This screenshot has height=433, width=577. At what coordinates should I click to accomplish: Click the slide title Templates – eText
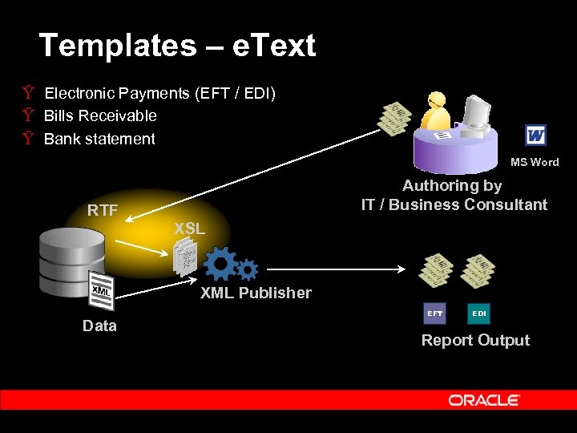[x=177, y=46]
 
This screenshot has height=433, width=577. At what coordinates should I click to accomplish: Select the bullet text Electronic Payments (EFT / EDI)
[x=159, y=94]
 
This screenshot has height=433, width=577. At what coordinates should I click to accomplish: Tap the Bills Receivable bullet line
[x=100, y=116]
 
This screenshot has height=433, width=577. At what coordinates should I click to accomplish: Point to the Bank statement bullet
[x=99, y=140]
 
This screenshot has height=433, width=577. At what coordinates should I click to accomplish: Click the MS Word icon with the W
[x=535, y=136]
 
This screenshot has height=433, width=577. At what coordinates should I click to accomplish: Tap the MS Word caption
[x=535, y=162]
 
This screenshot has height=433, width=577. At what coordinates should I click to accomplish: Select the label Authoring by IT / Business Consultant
[x=454, y=195]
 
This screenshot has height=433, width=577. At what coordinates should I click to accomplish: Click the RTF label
[x=103, y=212]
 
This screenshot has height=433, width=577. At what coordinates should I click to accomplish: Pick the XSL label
[x=189, y=229]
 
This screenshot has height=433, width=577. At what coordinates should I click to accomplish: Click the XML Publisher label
[x=256, y=293]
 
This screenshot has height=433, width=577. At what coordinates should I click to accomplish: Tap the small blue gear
[x=248, y=269]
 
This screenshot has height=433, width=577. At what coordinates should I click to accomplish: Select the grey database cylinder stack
[x=72, y=261]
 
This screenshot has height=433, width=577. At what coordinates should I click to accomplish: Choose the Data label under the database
[x=99, y=326]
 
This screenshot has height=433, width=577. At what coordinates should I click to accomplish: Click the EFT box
[x=434, y=313]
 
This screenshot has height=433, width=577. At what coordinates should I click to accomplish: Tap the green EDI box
[x=478, y=313]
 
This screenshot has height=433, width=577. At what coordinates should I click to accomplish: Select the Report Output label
[x=475, y=340]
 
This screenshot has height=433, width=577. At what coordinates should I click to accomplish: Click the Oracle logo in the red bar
[x=484, y=400]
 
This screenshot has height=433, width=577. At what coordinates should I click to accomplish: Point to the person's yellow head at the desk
[x=437, y=101]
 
